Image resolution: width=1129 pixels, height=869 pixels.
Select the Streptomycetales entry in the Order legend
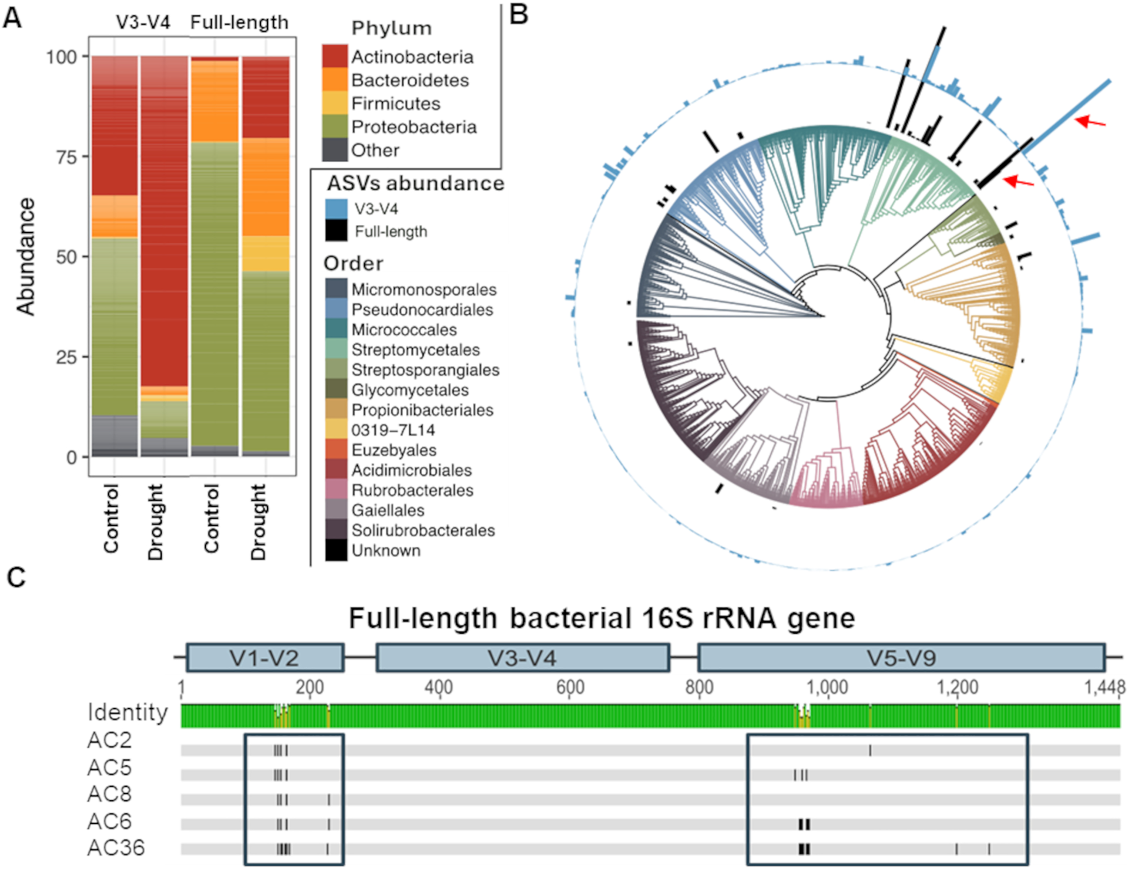pyautogui.click(x=415, y=350)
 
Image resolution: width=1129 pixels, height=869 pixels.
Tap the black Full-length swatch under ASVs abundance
pyautogui.click(x=336, y=231)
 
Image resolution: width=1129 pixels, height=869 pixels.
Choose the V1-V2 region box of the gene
pyautogui.click(x=265, y=658)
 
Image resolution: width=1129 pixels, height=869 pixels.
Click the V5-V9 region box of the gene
pyautogui.click(x=901, y=658)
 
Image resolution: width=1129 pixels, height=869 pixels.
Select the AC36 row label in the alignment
pyautogui.click(x=116, y=848)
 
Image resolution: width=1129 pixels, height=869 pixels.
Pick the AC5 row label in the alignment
pyautogui.click(x=109, y=768)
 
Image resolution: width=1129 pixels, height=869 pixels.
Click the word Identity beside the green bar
pyautogui.click(x=127, y=713)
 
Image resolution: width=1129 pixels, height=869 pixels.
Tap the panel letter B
pyautogui.click(x=518, y=14)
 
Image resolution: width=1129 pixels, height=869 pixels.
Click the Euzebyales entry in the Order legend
pyautogui.click(x=393, y=450)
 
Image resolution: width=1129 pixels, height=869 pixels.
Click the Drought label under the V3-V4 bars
pyautogui.click(x=156, y=522)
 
